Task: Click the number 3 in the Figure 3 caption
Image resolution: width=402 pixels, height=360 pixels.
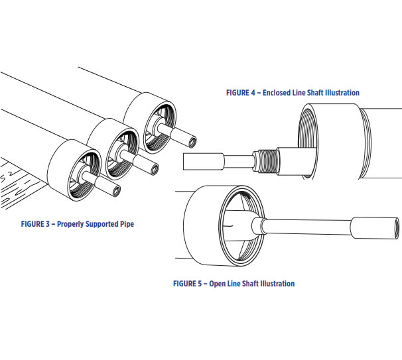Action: pyautogui.click(x=47, y=224)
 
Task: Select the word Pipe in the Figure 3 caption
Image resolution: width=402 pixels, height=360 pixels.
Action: pyautogui.click(x=127, y=224)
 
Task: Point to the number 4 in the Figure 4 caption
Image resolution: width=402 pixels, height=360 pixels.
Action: pyautogui.click(x=253, y=93)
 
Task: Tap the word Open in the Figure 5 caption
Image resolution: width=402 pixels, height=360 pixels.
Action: pyautogui.click(x=216, y=284)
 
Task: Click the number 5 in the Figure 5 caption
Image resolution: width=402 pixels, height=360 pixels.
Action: pyautogui.click(x=200, y=284)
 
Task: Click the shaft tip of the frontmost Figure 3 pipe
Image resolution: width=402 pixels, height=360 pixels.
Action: pyautogui.click(x=117, y=191)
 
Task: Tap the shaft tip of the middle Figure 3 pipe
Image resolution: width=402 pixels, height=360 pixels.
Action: pyautogui.click(x=155, y=169)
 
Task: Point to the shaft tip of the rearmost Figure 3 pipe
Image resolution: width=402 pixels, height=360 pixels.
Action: pyautogui.click(x=192, y=142)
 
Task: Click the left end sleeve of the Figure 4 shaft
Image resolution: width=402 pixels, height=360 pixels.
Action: pyautogui.click(x=204, y=161)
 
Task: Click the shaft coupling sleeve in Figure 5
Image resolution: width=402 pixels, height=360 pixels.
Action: pyautogui.click(x=374, y=228)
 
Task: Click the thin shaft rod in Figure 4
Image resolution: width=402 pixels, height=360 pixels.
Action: pyautogui.click(x=239, y=161)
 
